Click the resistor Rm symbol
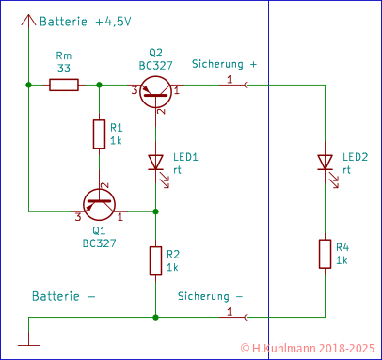(x=64, y=86)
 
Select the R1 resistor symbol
(x=99, y=134)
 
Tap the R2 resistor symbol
(x=155, y=259)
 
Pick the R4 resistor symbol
(x=325, y=254)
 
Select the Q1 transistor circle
(x=99, y=206)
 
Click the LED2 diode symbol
(x=325, y=163)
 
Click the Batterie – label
(x=64, y=296)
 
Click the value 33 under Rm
(x=64, y=68)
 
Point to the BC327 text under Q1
(x=99, y=242)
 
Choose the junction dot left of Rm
(x=28, y=86)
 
